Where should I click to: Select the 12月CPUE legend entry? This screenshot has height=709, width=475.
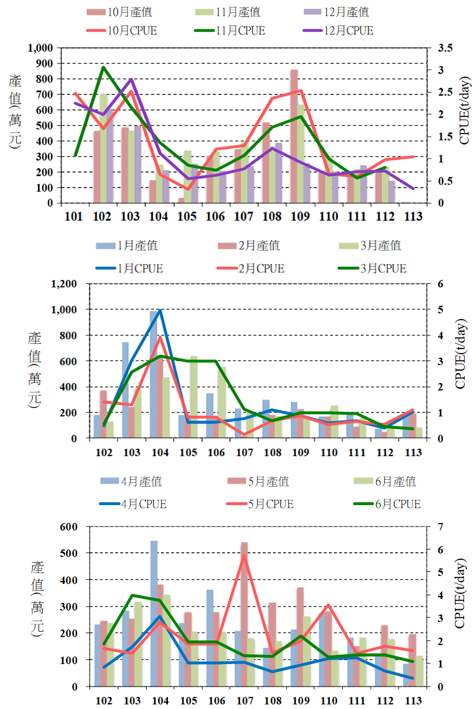pos(336,30)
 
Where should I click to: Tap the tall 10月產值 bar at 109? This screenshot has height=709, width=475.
pos(294,136)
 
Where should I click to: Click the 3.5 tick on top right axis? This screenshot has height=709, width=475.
pos(445,48)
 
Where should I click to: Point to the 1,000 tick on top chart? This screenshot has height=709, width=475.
pos(40,48)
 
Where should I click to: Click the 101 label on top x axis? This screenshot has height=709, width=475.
pos(74,217)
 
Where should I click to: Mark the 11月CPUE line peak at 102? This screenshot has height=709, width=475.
pos(103,67)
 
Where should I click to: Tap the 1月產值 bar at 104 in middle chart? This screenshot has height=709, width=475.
pos(154,374)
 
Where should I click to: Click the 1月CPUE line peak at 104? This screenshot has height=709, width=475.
pos(160,310)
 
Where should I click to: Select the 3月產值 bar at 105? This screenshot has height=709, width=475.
pos(194,397)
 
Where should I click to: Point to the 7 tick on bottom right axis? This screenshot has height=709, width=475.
pos(440,526)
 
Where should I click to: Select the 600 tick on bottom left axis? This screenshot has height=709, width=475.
pos(68,526)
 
